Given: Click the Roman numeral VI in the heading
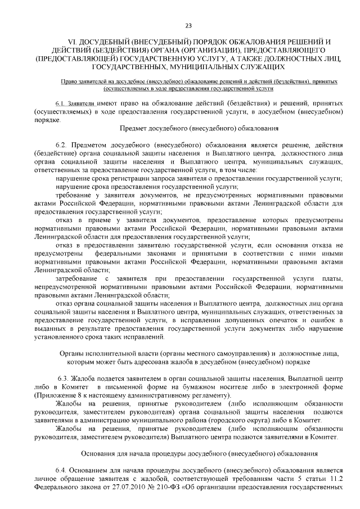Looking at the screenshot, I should (x=71, y=42).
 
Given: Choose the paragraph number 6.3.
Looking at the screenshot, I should (x=64, y=379).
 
